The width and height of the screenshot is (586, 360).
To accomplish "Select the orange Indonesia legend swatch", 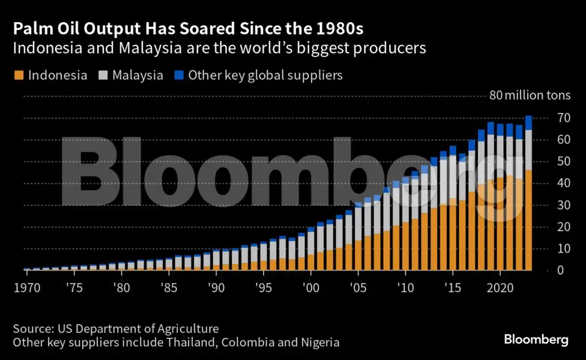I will point(18,76).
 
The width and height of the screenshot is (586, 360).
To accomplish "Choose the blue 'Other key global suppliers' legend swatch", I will point(178,76).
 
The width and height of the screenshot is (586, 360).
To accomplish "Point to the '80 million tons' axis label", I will point(530,95).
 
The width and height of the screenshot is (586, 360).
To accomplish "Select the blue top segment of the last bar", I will point(528,122).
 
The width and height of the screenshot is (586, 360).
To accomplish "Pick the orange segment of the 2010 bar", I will point(405,246).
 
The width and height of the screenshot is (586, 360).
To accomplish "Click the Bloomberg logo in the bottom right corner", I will point(536,340).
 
